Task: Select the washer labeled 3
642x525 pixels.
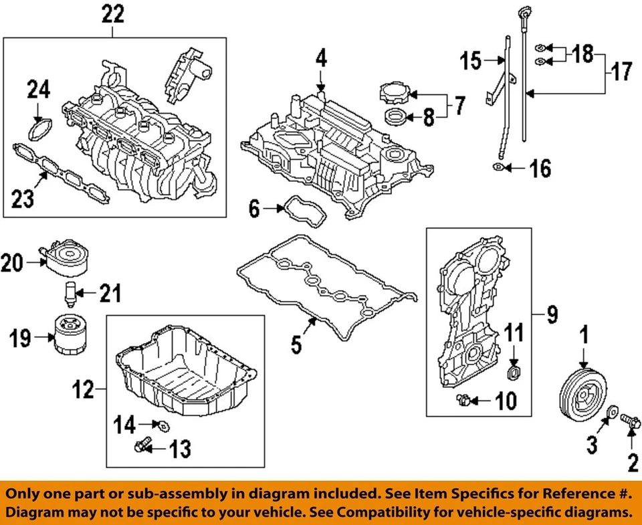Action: pyautogui.click(x=613, y=411)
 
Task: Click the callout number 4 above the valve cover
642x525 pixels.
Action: pyautogui.click(x=321, y=59)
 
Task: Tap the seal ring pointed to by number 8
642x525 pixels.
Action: pyautogui.click(x=395, y=118)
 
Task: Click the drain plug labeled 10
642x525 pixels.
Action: pyautogui.click(x=461, y=400)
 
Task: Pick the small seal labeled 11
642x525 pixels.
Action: pyautogui.click(x=514, y=372)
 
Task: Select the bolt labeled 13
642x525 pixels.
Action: pyautogui.click(x=143, y=445)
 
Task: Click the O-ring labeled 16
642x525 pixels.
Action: pyautogui.click(x=499, y=169)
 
